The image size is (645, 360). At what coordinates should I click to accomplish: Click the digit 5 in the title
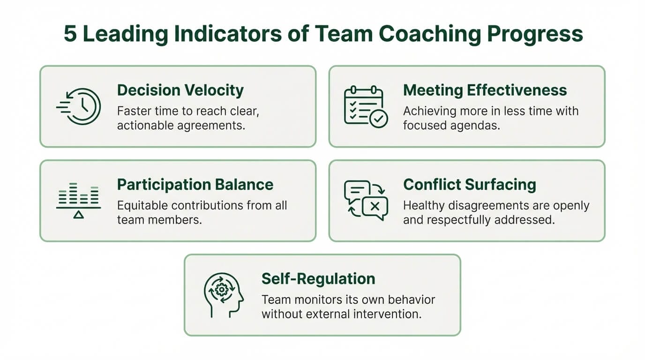click(x=70, y=34)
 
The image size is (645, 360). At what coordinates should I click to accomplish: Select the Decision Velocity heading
click(x=180, y=90)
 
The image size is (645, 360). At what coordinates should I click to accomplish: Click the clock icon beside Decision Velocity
click(x=79, y=106)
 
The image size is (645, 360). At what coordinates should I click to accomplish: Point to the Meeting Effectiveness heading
click(x=485, y=90)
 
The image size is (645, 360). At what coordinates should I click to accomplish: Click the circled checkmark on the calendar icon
click(x=378, y=119)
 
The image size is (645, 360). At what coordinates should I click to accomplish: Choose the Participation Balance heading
click(x=195, y=184)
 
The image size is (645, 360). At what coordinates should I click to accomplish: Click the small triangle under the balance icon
click(x=78, y=215)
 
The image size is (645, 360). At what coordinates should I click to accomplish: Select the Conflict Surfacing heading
click(x=469, y=184)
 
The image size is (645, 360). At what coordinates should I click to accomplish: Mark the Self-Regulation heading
click(x=318, y=278)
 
